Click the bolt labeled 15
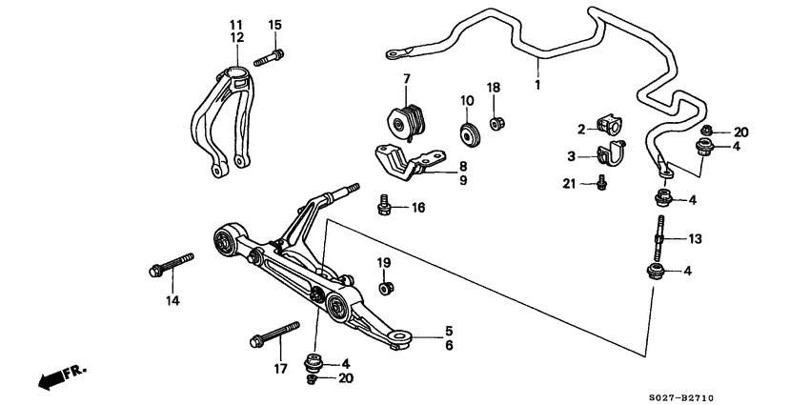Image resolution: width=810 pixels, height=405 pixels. [268, 57]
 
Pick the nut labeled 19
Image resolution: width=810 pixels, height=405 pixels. [384, 286]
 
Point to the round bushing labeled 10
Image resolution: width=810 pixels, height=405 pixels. [469, 132]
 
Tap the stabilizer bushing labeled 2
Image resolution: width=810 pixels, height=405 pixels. [608, 124]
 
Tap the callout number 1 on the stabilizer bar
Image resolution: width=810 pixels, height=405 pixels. [537, 85]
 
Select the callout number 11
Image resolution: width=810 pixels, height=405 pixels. [235, 23]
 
